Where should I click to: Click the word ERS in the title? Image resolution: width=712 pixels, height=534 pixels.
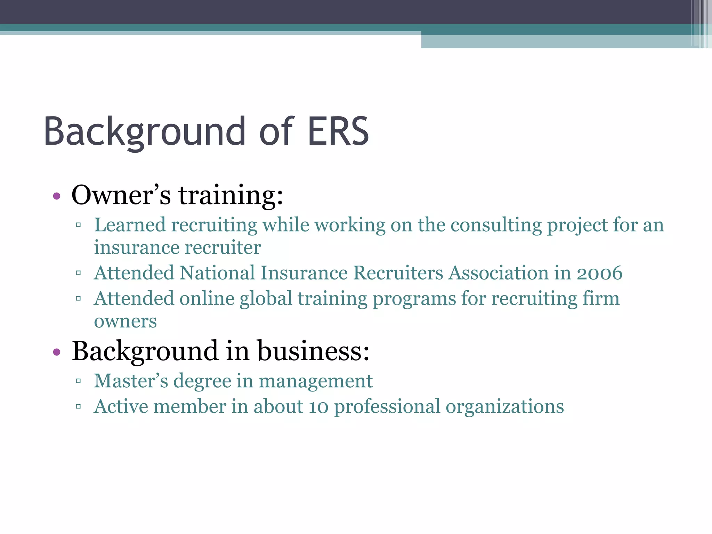coord(338,131)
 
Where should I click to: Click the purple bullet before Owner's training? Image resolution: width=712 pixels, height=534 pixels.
coord(57,196)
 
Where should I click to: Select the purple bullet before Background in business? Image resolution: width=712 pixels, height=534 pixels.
coord(57,352)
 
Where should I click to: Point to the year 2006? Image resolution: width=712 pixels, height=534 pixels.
coord(599,273)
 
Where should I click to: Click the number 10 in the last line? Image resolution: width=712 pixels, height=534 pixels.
coord(318,407)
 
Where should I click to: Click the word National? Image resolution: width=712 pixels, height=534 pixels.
coord(217,273)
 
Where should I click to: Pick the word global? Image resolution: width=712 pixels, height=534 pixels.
coord(266,299)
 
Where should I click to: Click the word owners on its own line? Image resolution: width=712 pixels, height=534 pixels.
coord(125,322)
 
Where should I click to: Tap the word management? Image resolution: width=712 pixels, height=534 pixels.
coord(316,381)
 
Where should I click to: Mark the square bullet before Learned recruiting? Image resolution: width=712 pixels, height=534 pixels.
coord(78,225)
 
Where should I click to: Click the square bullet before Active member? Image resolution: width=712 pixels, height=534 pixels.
coord(78,406)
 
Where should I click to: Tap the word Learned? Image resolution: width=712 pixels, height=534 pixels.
coord(130,225)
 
